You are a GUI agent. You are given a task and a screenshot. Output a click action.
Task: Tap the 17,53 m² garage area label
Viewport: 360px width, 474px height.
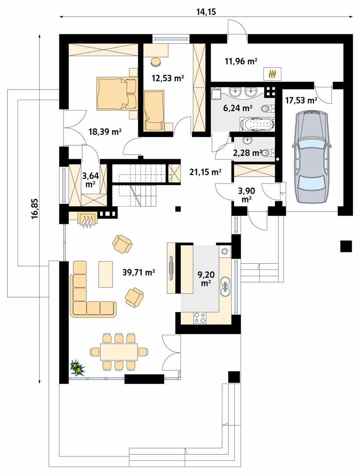click(x=301, y=101)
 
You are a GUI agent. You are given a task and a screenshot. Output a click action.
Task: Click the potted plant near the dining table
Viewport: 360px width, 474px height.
click(x=78, y=368)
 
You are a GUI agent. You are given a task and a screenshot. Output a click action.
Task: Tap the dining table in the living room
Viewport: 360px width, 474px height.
click(x=119, y=352)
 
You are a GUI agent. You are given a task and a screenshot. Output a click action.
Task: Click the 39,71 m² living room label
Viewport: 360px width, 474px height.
click(x=138, y=273)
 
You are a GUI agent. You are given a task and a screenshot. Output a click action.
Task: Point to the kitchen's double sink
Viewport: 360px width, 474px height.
click(x=226, y=285)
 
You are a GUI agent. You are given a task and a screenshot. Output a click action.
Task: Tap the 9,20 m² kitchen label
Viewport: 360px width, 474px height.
click(x=205, y=279)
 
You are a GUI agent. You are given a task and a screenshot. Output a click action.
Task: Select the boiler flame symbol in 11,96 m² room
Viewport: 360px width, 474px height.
click(x=273, y=74)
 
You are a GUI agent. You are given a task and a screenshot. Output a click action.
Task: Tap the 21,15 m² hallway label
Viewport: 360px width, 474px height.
click(x=205, y=172)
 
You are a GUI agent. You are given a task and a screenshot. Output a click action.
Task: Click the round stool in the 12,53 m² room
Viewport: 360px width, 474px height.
click(x=155, y=62)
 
